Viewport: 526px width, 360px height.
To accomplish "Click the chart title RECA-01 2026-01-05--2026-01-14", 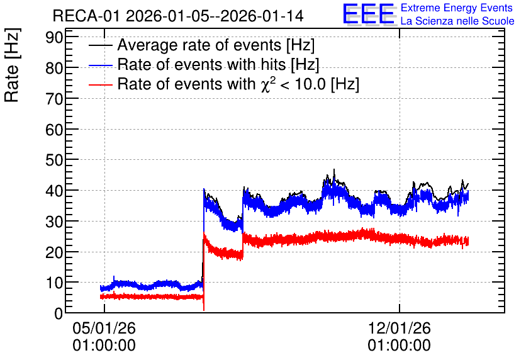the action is coord(178,16).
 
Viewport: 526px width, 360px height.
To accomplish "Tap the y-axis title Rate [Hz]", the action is coord(12,65).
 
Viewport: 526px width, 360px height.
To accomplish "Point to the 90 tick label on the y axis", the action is coord(54,37).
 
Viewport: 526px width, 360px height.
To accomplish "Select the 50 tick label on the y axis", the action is coord(54,160).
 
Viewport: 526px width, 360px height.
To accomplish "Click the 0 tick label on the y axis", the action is coord(59,313).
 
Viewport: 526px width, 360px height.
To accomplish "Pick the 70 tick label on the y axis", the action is coord(54,98).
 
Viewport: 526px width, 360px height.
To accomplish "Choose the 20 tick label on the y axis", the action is coord(54,252).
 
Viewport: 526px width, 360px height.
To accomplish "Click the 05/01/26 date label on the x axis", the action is coord(104,328).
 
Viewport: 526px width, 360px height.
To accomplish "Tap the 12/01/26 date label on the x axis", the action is coord(399,328).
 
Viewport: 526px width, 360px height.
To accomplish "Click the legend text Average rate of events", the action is coord(199,45).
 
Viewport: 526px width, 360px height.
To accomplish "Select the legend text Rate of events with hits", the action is coord(201,64).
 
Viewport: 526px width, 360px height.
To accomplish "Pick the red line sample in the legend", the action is coord(100,85).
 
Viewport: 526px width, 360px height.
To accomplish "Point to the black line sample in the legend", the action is coord(100,45).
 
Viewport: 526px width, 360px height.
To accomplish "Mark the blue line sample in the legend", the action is coord(100,65).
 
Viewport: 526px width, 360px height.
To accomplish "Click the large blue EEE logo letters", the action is coord(369,14).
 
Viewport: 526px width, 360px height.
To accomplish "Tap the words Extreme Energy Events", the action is coord(457,8).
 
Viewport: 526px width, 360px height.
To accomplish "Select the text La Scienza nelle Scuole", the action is coord(457,21).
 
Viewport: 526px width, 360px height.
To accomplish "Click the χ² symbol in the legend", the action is coord(267,84).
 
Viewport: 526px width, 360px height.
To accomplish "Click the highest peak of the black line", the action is coord(334,170).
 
